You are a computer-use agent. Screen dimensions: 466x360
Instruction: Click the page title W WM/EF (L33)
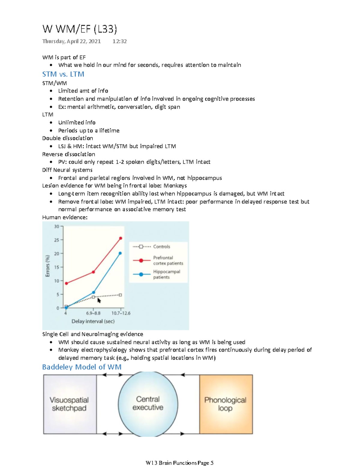coord(79,29)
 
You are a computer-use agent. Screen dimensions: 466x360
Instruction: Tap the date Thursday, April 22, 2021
coord(71,41)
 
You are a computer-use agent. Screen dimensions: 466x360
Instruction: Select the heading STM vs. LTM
coord(63,74)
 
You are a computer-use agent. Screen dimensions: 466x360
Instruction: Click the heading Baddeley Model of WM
coord(82,367)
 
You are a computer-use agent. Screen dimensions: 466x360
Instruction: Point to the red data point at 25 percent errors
coord(121,238)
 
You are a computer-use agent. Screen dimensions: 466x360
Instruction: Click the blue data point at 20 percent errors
coord(120,253)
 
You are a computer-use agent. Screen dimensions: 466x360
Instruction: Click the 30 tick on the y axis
coord(57,227)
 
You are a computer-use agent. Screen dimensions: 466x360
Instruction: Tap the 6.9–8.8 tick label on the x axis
coord(93,313)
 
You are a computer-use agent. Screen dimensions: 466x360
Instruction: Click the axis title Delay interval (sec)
coord(93,321)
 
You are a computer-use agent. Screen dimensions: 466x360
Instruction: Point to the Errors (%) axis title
coord(48,266)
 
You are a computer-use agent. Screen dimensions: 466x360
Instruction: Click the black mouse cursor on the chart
coord(99,300)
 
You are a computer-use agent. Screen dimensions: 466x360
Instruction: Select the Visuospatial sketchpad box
coord(70,404)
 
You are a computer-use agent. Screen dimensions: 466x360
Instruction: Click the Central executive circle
coord(148,403)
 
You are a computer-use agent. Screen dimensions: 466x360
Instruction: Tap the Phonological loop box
coord(226,404)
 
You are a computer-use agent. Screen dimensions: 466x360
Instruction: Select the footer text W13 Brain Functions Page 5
coord(179,463)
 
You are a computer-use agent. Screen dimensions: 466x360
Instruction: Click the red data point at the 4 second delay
coord(66,283)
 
